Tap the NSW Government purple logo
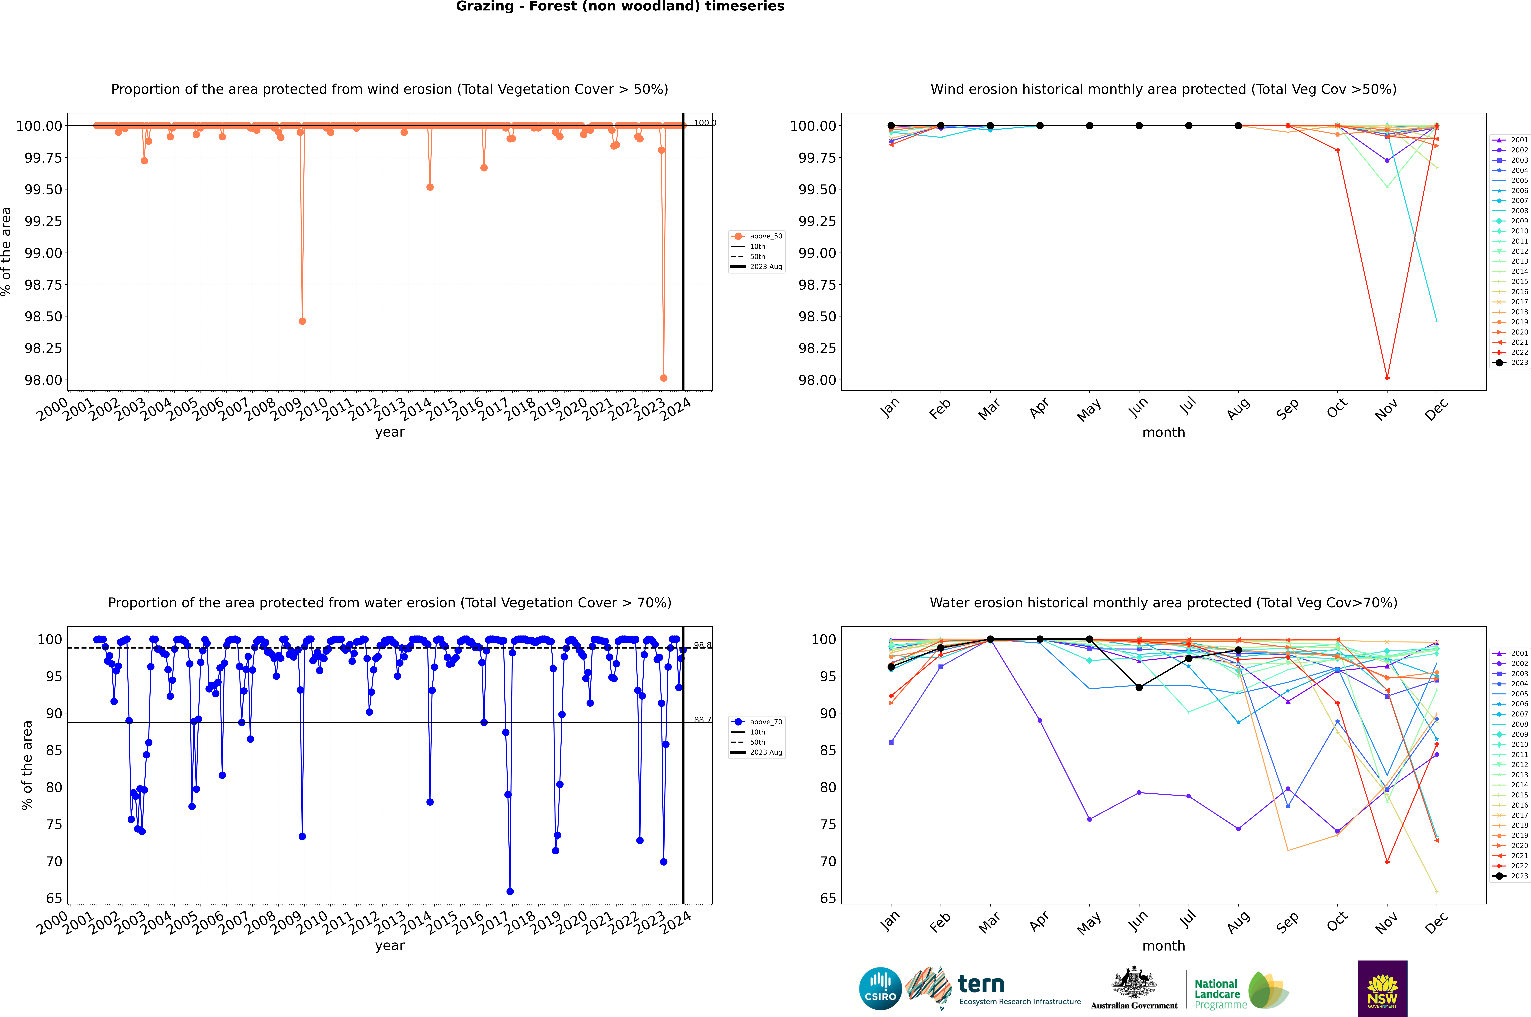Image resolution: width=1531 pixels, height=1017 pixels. click(1382, 989)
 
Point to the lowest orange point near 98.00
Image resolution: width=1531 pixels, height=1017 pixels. click(663, 378)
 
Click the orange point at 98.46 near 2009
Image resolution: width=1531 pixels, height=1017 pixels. click(302, 321)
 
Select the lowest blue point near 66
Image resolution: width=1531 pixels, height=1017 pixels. click(510, 891)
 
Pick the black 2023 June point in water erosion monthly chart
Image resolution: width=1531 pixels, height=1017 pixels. click(1139, 687)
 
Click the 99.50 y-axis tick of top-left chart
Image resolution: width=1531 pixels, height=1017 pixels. click(43, 189)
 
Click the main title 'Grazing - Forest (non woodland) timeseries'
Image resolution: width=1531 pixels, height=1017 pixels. click(620, 6)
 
